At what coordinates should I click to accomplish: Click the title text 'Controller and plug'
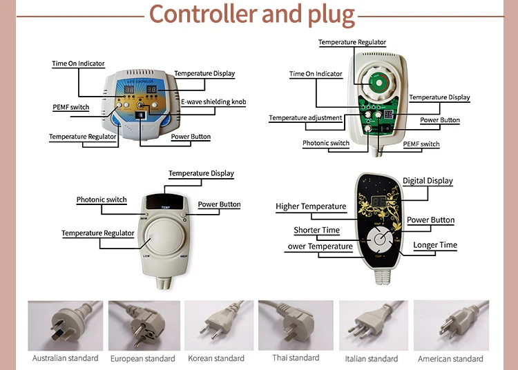point(252,14)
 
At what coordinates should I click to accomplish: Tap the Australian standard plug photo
point(65,325)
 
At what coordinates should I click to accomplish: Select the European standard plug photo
point(142,325)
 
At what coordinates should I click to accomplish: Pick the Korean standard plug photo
point(216,325)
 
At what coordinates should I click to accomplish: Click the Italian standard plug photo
point(371,325)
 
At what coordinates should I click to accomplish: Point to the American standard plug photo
point(450,325)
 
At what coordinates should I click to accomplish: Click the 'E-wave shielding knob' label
point(213,102)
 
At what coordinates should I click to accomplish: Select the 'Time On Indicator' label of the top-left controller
point(78,64)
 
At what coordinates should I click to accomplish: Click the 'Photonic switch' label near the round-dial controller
point(102,200)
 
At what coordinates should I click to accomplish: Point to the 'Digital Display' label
point(428,181)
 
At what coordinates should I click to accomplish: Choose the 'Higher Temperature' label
point(311,206)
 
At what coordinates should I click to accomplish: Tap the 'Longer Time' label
point(435,245)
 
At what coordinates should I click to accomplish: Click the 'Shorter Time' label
point(316,231)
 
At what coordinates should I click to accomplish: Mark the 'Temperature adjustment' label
point(305,118)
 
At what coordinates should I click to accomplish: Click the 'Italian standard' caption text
point(372,359)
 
